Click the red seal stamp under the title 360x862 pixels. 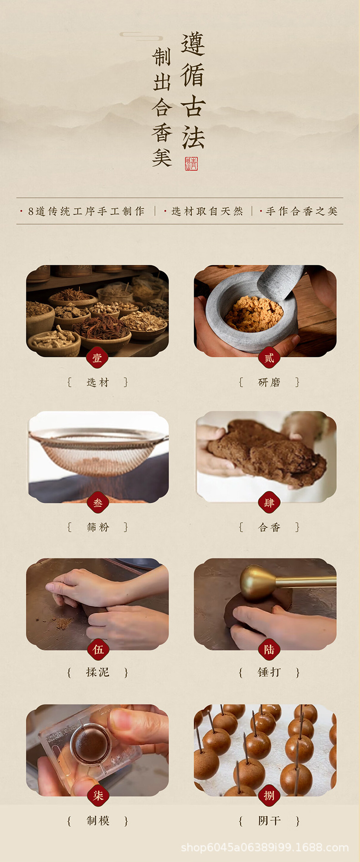tap(191, 164)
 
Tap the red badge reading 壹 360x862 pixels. tap(98, 358)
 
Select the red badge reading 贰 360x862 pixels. tap(269, 358)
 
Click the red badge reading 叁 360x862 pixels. tap(98, 503)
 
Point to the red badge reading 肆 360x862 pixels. tap(269, 503)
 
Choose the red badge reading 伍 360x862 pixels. tap(98, 649)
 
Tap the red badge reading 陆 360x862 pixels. tap(269, 649)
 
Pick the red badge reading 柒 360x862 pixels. tap(98, 795)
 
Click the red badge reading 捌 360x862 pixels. tap(269, 795)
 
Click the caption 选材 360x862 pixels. tap(98, 382)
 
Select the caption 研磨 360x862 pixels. tap(269, 382)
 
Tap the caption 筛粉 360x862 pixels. tap(98, 527)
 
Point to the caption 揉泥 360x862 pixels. tap(98, 672)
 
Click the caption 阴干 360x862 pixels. tap(269, 821)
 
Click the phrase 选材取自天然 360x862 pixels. tap(207, 211)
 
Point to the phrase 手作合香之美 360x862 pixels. tap(302, 211)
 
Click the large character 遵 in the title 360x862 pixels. tap(193, 44)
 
